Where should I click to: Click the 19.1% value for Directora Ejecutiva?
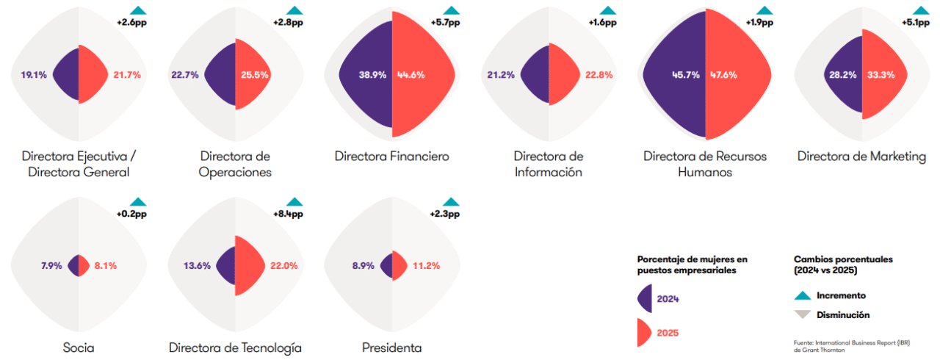(34, 75)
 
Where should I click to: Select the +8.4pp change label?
(288, 214)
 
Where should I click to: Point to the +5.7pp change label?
(444, 23)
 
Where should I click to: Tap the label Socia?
(79, 348)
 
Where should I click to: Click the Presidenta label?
(392, 348)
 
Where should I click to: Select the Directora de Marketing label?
(861, 156)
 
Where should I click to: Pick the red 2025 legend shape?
(645, 332)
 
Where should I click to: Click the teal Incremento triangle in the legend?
(803, 295)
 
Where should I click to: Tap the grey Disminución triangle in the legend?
(803, 314)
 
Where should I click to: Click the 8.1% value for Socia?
(106, 266)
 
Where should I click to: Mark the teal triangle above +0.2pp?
(138, 201)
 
